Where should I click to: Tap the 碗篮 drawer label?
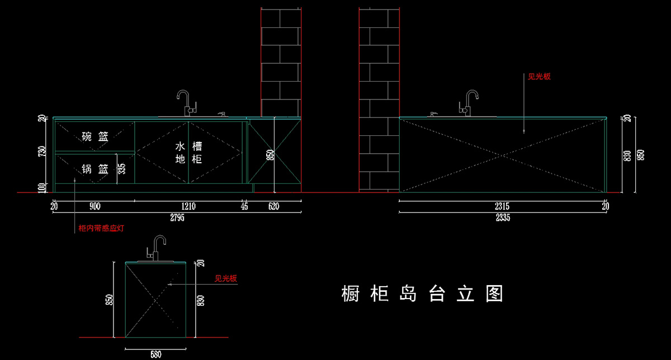tap(95, 136)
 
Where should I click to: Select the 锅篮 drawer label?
tap(95, 169)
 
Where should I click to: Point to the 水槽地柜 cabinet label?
tap(188, 153)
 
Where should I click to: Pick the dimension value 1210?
tap(188, 206)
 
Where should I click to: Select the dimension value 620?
tap(273, 206)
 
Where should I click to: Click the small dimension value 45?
tap(244, 206)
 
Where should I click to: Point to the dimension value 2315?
tap(502, 206)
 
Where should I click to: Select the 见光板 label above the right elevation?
tap(539, 77)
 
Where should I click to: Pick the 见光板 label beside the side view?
tap(226, 278)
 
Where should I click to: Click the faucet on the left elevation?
tap(185, 102)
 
